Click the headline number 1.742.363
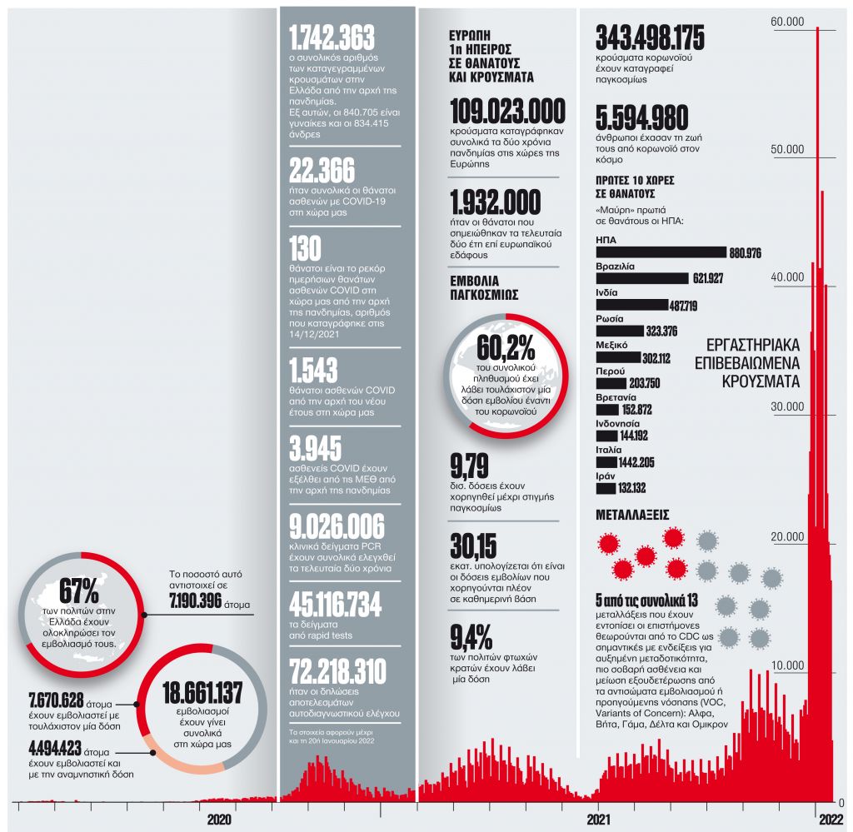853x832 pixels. pos(332,37)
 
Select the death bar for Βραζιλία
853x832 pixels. pos(642,278)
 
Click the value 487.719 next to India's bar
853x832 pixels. pos(683,306)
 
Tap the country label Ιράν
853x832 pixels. pos(606,475)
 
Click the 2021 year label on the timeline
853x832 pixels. pos(611,820)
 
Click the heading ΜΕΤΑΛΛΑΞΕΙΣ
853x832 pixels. pos(632,515)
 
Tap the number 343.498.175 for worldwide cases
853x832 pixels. pos(650,37)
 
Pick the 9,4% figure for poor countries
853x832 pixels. pos(470,639)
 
